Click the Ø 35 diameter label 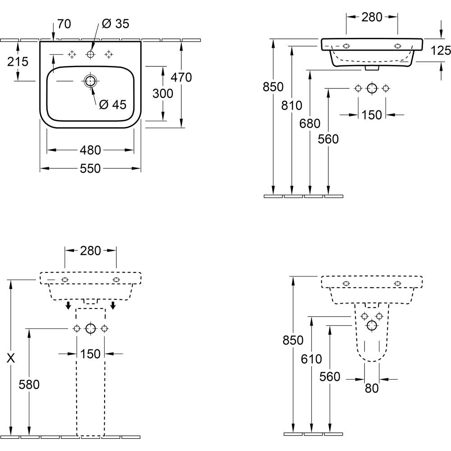coord(115,24)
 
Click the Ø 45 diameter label coord(112,105)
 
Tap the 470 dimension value coord(182,78)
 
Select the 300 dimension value coord(163,93)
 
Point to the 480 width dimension coord(90,150)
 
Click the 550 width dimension coord(90,169)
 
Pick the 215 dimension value coord(18,61)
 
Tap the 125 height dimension coord(441,51)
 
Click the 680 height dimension coord(310,124)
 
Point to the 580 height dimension coord(30,384)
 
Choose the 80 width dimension coord(372,387)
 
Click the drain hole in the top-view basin coord(90,81)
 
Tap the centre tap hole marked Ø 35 coord(90,54)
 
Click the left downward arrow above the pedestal coord(68,306)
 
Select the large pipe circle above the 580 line coord(90,328)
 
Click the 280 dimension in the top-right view coord(372,17)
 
